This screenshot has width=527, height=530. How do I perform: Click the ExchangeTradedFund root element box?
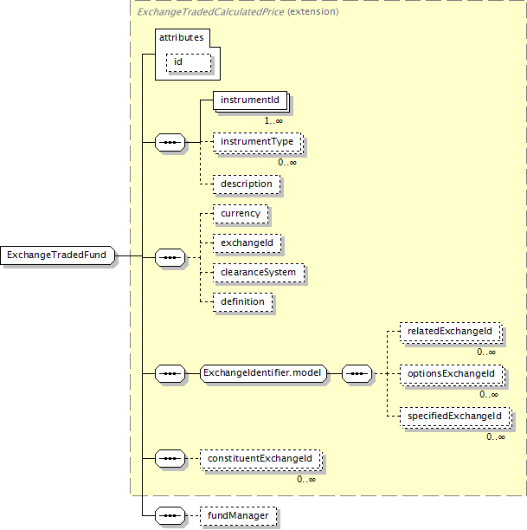[57, 255]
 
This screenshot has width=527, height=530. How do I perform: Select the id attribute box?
[189, 62]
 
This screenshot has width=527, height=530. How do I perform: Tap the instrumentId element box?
[250, 100]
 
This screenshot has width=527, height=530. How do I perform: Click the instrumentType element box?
[257, 142]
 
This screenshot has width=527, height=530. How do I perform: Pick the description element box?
[247, 184]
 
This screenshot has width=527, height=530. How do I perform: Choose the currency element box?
[241, 214]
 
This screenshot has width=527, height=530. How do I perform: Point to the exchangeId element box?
[247, 243]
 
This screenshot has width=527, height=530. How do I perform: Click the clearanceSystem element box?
[259, 273]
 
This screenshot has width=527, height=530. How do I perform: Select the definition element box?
[242, 302]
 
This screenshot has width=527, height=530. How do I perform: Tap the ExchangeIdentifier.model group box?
[263, 373]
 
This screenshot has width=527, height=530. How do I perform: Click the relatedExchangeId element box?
[450, 332]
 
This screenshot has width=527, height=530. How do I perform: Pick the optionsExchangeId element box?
[452, 374]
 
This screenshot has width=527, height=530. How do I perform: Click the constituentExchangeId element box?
[260, 459]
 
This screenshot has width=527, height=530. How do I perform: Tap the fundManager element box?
[238, 516]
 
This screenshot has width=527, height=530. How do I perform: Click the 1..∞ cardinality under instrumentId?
[273, 120]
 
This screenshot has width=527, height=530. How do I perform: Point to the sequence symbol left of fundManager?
[170, 516]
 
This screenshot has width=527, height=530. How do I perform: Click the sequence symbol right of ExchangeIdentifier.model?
[357, 373]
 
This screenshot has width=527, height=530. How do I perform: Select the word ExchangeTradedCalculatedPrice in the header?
[210, 12]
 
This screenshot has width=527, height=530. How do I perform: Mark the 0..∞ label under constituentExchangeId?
[306, 479]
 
